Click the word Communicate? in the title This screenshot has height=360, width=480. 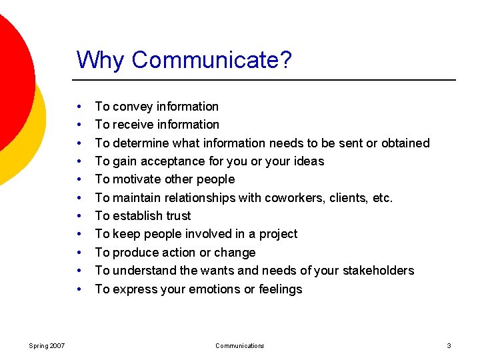[x=212, y=60]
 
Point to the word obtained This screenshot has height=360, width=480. [x=403, y=143]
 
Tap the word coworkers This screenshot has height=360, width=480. [x=292, y=197]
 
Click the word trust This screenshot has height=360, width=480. [x=177, y=216]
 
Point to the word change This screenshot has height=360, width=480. [x=237, y=253]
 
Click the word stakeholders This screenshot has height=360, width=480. [x=379, y=271]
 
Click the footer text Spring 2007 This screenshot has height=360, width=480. [x=47, y=345]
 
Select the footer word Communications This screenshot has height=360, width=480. [x=239, y=345]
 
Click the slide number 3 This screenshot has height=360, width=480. [x=449, y=345]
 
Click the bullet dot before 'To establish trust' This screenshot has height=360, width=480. [x=79, y=216]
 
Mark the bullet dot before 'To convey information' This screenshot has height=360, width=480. [x=79, y=107]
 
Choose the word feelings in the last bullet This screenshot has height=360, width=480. [x=279, y=289]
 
